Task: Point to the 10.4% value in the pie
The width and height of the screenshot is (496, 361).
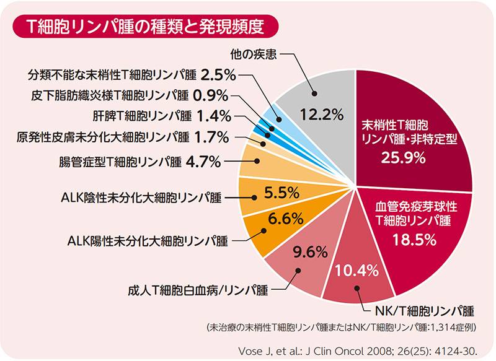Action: pyautogui.click(x=357, y=270)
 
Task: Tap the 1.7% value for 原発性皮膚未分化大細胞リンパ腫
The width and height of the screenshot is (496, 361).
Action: pyautogui.click(x=212, y=136)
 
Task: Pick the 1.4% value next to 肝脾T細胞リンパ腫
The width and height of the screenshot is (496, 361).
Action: pyautogui.click(x=214, y=115)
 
